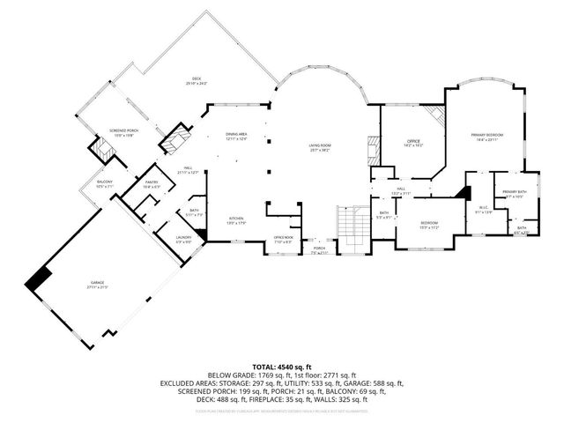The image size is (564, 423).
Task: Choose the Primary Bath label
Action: click(x=514, y=194)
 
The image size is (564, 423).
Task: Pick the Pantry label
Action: click(x=151, y=184)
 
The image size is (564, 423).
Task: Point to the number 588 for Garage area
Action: click(x=372, y=383)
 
